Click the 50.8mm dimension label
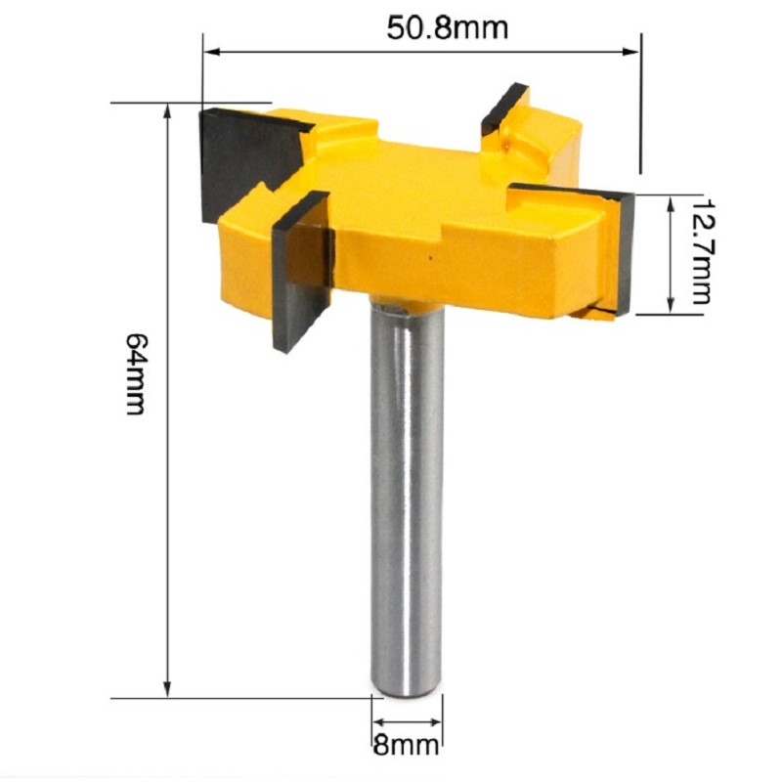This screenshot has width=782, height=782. [447, 27]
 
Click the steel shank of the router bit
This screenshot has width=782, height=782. [407, 489]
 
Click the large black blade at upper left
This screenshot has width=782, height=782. [244, 161]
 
